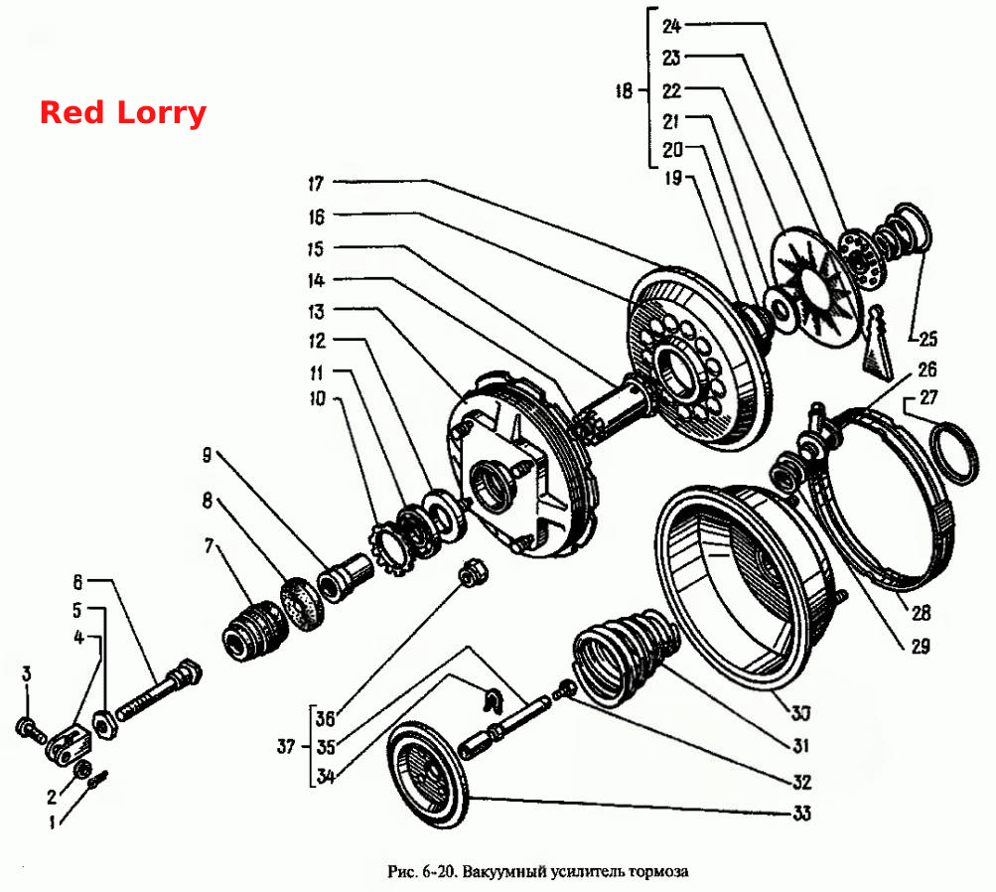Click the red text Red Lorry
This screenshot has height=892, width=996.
click(x=122, y=113)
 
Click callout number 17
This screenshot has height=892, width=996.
click(x=316, y=184)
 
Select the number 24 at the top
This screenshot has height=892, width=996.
click(x=671, y=26)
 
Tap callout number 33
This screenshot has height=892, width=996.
click(x=801, y=814)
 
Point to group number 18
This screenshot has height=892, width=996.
click(x=624, y=90)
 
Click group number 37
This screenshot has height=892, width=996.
click(x=286, y=746)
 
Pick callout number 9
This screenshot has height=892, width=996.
click(x=207, y=455)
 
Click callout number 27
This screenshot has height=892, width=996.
click(x=928, y=397)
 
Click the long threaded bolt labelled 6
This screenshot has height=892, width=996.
click(x=157, y=692)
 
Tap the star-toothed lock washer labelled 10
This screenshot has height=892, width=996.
click(x=389, y=547)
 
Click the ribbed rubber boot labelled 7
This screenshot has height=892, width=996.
click(x=252, y=632)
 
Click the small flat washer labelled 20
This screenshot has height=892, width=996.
click(x=780, y=308)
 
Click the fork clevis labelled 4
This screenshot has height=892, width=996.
click(x=69, y=742)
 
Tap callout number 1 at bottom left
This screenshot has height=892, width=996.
click(x=52, y=823)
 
